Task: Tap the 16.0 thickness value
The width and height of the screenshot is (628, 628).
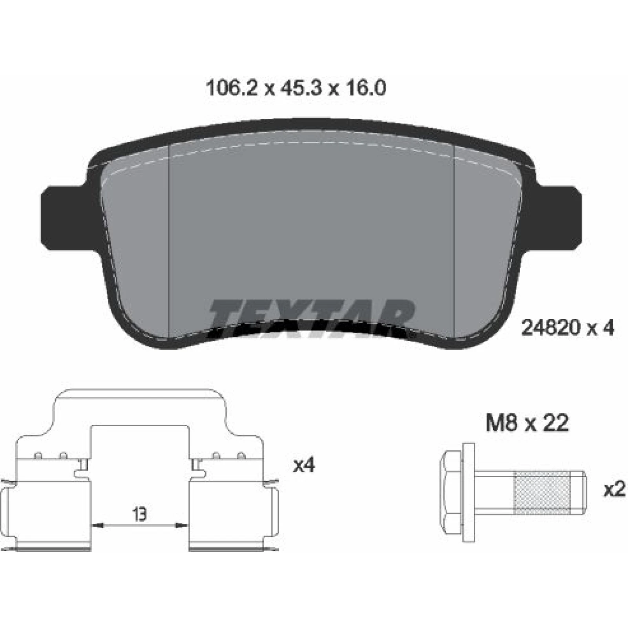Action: pyautogui.click(x=365, y=89)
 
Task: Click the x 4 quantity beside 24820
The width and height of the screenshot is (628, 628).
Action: pyautogui.click(x=600, y=327)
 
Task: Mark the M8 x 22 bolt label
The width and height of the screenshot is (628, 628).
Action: pyautogui.click(x=527, y=424)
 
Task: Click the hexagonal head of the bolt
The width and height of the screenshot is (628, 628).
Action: pyautogui.click(x=452, y=494)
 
